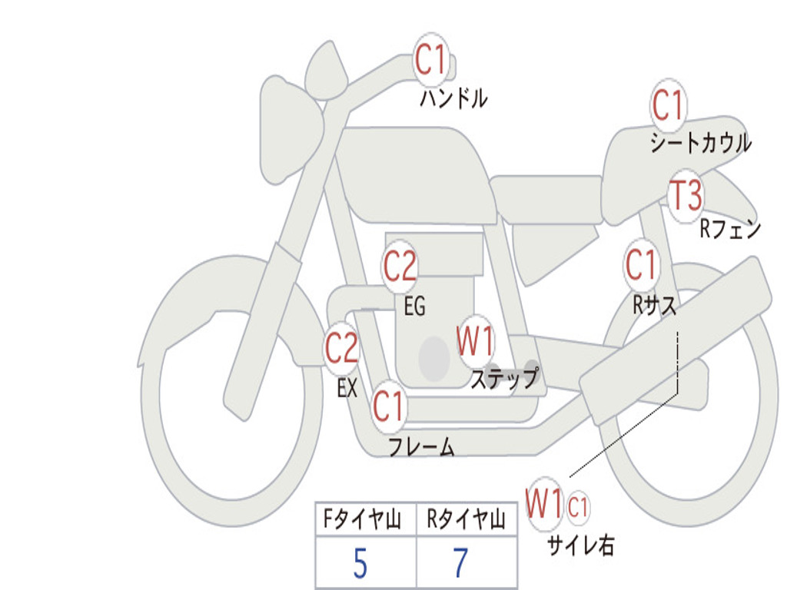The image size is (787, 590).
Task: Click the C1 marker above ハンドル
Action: [x=431, y=59]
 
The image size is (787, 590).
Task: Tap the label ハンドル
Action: [x=453, y=98]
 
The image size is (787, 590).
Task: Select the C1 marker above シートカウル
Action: [x=668, y=105]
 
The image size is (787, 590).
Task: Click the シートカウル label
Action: [x=700, y=144]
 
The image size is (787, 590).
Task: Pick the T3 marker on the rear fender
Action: [x=685, y=196]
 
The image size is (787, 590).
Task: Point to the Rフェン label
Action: [x=729, y=229]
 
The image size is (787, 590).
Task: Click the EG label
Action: [x=414, y=307]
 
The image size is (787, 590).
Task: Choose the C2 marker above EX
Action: [x=342, y=349]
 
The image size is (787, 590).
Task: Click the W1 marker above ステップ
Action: [x=476, y=342]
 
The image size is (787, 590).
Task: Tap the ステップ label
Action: [x=504, y=379]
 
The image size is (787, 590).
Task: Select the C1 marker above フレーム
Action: [x=389, y=406]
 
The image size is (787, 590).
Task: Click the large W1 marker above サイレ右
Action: [x=544, y=505]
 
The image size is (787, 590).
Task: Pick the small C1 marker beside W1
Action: [x=578, y=507]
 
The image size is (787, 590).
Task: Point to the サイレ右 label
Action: [x=581, y=545]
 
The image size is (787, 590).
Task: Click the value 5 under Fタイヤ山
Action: [x=360, y=565]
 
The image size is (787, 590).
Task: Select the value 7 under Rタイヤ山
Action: [x=460, y=565]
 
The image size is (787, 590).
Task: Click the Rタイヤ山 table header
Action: [x=466, y=521]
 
